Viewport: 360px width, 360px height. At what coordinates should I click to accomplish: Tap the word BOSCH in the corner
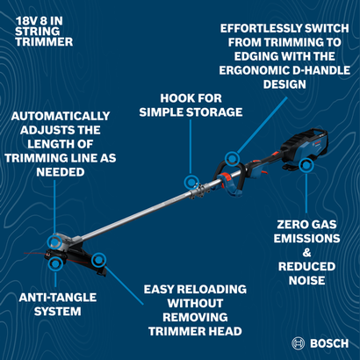(329, 343)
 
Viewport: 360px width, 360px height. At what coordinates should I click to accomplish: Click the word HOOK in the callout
(165, 97)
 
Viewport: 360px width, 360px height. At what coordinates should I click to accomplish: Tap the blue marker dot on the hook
(189, 180)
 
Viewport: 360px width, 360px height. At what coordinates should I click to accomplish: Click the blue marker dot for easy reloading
(98, 259)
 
